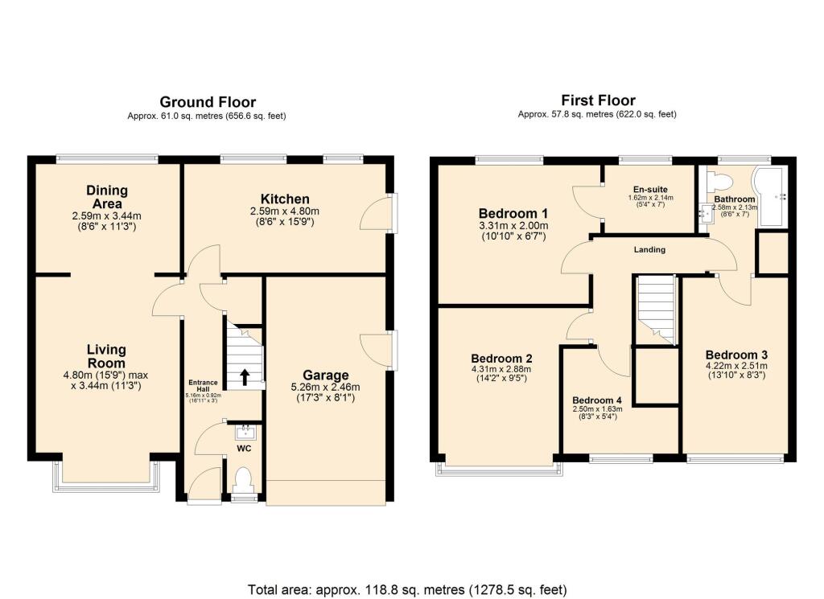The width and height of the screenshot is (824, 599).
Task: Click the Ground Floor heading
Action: (208, 102)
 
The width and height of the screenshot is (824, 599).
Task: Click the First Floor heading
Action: (598, 101)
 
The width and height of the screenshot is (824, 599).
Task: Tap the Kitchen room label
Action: (285, 199)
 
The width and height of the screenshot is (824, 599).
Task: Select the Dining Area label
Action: (107, 196)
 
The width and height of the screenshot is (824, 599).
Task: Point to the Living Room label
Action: (107, 355)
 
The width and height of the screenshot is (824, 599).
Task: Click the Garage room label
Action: (325, 375)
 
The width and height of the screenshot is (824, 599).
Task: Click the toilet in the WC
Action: (243, 480)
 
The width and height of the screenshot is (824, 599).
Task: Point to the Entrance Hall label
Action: (204, 386)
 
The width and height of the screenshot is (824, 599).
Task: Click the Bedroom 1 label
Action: (513, 213)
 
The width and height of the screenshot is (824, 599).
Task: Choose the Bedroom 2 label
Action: (502, 358)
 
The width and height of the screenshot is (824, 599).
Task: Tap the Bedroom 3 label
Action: (736, 355)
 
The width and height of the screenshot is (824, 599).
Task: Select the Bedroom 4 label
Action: (597, 400)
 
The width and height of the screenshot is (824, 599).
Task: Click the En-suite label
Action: (649, 187)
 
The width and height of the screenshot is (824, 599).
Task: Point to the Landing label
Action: (649, 249)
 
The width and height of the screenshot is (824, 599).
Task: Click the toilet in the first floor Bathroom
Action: (719, 178)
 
